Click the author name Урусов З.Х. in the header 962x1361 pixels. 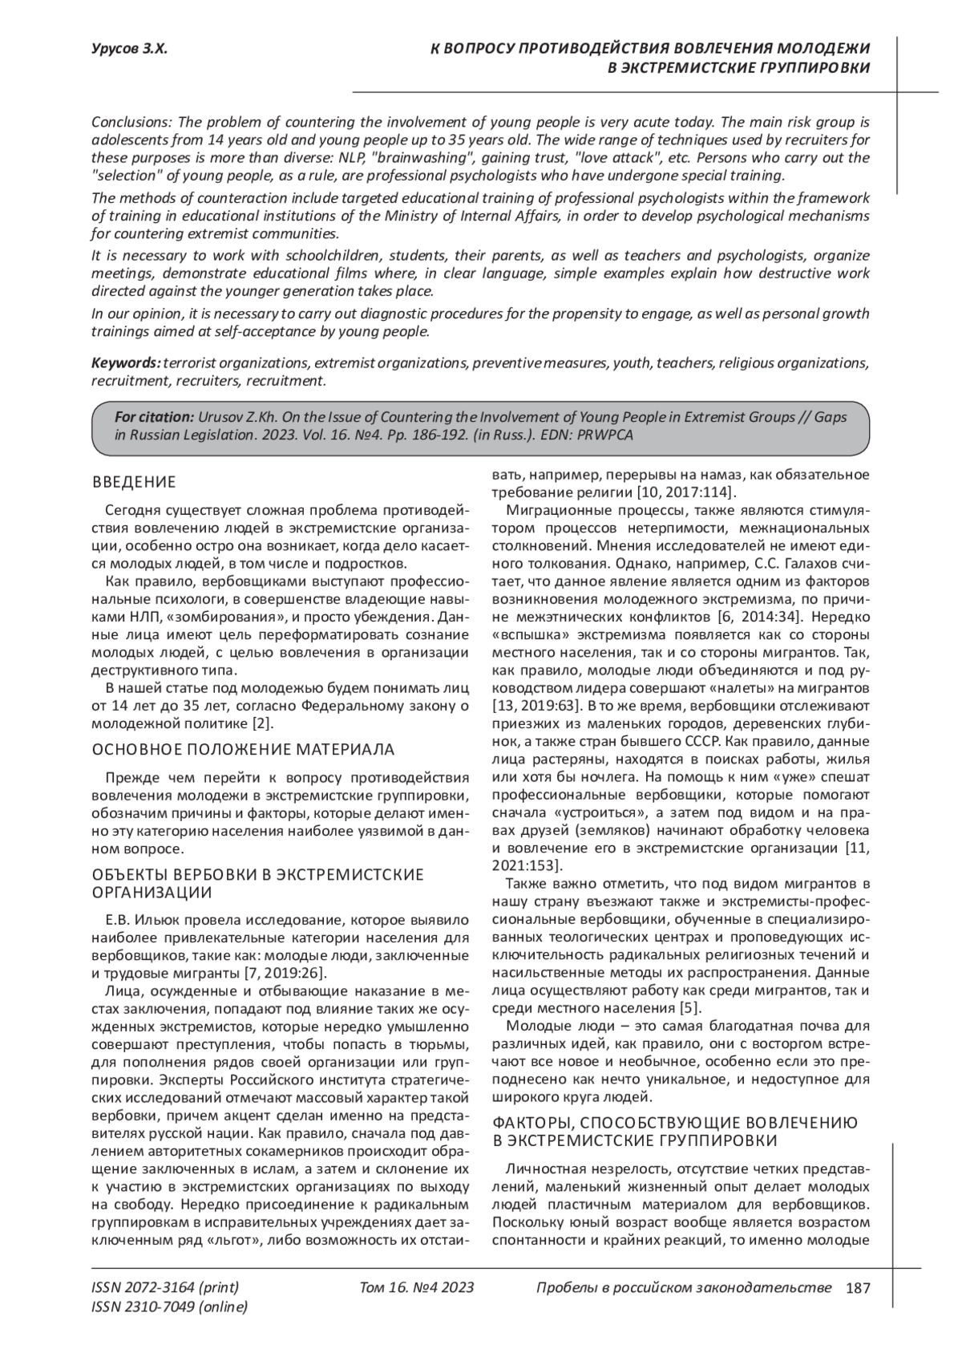point(129,49)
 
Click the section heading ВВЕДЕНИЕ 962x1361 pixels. point(134,482)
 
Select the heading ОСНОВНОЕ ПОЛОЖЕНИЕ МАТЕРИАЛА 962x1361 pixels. point(244,749)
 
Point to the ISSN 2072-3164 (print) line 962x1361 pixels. point(165,1288)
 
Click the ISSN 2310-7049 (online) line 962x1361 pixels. point(170,1307)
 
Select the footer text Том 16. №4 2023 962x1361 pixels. point(417,1288)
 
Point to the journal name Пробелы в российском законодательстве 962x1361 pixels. point(683,1288)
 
